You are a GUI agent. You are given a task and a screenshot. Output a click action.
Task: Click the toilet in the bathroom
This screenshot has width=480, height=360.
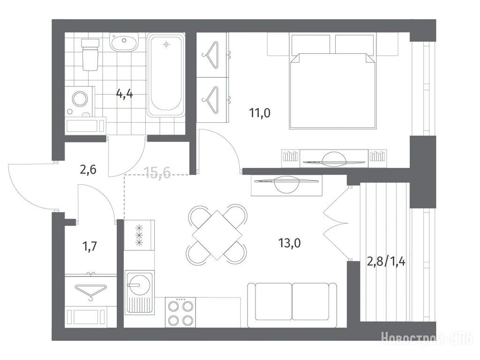coord(90,54)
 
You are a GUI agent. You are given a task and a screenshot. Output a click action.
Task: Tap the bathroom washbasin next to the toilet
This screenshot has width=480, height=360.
coord(124,42)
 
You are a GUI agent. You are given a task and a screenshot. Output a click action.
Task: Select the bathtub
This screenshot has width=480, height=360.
coord(166,75)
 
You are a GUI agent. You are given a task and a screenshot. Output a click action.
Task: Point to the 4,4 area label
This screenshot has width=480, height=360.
coord(125,93)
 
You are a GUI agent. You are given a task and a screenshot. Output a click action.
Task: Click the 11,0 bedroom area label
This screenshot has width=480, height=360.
coord(260,113)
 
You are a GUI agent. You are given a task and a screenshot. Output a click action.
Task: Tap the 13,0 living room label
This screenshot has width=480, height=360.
coord(289,243)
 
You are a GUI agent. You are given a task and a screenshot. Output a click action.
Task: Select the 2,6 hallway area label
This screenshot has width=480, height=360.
coord(88,169)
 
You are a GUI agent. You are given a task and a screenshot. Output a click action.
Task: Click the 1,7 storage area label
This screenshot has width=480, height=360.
coord(90,246)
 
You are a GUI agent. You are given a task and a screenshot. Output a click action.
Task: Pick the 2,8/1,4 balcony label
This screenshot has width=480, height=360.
coord(386,262)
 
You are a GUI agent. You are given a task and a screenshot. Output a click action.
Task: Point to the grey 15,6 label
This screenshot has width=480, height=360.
coord(157,173)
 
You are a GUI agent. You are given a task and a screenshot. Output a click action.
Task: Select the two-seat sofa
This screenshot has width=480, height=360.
coord(292,305)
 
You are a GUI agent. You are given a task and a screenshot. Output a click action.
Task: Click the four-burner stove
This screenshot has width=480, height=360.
coord(180,312)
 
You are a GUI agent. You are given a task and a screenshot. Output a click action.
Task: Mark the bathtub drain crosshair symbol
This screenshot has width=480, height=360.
coord(166,45)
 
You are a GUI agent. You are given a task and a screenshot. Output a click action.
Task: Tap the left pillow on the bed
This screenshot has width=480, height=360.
coord(311,45)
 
